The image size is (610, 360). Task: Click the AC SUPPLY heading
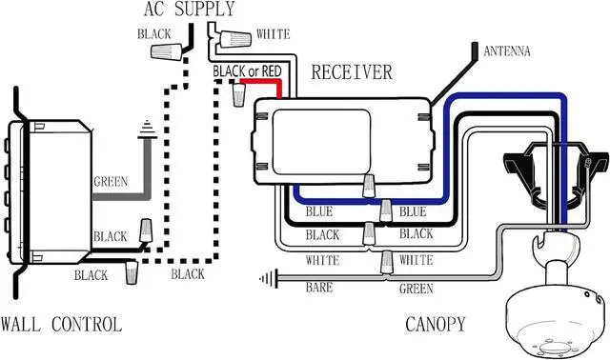coord(190,9)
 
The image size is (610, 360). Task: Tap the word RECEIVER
coord(352,72)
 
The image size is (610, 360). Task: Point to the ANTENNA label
coord(507,50)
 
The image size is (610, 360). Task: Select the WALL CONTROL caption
coord(61,325)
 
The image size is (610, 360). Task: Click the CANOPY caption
coord(436,324)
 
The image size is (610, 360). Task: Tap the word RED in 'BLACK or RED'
coord(271,71)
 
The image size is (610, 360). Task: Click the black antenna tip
coord(475,50)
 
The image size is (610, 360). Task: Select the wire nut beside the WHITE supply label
coord(235,39)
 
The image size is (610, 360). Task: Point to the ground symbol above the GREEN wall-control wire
coord(147,130)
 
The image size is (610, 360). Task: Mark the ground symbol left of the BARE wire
coord(269,279)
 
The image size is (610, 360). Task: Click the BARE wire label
coord(319,288)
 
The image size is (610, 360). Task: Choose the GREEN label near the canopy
coord(416,289)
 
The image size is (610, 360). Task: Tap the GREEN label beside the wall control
coord(111,182)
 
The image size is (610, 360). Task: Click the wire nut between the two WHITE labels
coord(386,262)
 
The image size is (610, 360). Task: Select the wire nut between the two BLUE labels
coord(385,210)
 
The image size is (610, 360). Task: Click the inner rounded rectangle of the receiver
coord(321,142)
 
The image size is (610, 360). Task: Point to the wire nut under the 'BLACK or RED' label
coord(239,95)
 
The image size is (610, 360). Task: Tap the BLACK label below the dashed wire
coord(188,274)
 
